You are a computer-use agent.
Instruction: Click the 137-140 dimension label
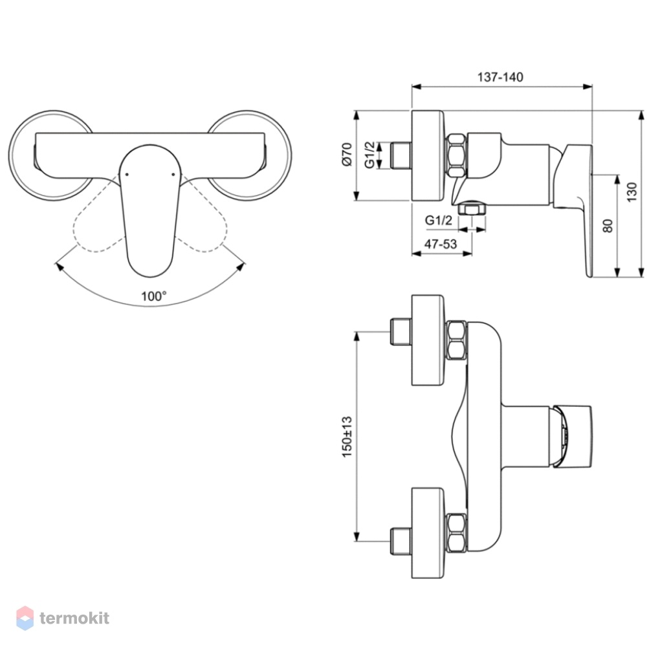click(x=500, y=77)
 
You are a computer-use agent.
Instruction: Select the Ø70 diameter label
click(x=347, y=155)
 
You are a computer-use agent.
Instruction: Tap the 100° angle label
click(x=154, y=296)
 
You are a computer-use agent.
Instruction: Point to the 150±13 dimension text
click(x=347, y=437)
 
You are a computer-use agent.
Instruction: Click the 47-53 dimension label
click(x=441, y=244)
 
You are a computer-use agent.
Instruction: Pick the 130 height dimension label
click(x=631, y=192)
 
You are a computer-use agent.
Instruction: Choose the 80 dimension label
click(x=608, y=226)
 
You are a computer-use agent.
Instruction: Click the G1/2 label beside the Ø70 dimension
click(x=369, y=155)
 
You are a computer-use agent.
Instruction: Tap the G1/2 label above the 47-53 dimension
click(x=439, y=221)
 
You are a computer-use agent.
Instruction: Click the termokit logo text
click(x=74, y=618)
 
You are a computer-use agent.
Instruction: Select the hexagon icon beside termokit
click(x=25, y=618)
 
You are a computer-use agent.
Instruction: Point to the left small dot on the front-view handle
click(x=127, y=175)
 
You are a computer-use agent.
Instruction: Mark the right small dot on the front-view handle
click(x=173, y=175)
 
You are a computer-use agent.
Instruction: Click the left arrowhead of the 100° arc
click(x=59, y=266)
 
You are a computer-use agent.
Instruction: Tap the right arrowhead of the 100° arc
click(x=241, y=266)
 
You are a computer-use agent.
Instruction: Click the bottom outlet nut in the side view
click(x=472, y=208)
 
